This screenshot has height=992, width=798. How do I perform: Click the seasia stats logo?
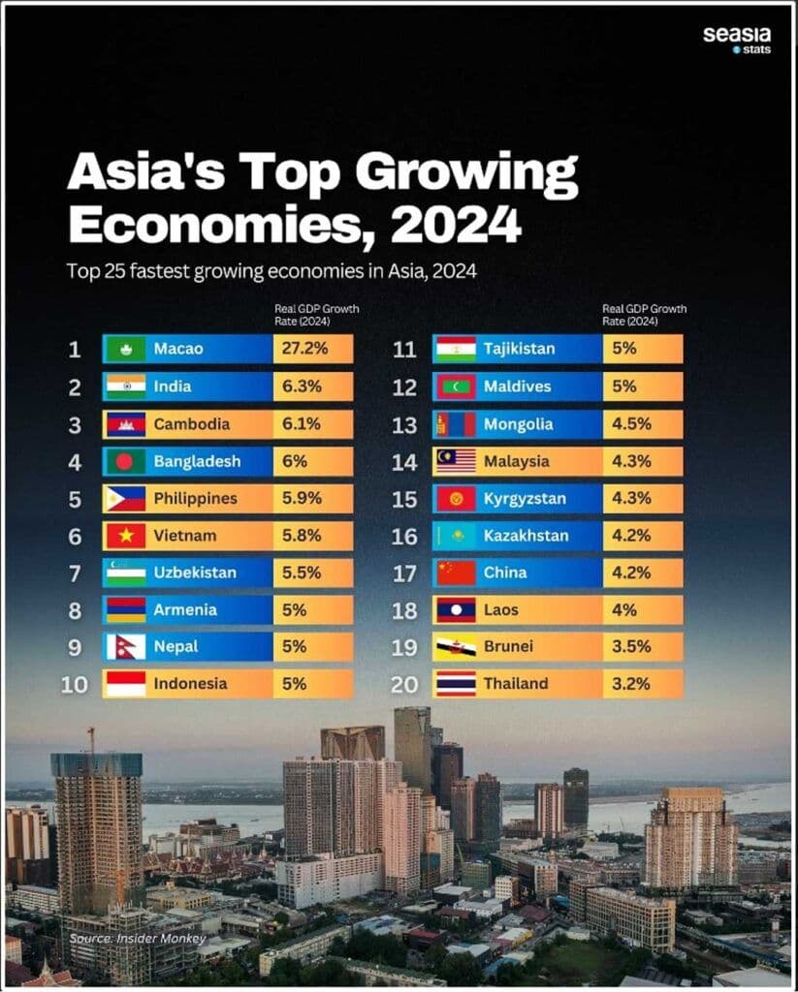[736, 39]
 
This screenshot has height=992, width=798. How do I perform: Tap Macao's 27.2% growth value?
[304, 349]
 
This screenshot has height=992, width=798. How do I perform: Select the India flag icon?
[125, 387]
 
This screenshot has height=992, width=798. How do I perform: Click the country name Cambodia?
[191, 423]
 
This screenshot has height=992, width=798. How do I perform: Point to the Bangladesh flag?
[125, 461]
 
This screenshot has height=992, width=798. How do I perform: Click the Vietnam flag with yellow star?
[125, 535]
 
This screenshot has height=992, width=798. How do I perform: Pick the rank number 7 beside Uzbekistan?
[75, 573]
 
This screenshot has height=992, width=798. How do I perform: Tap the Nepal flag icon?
[125, 646]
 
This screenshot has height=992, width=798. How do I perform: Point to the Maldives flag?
[456, 387]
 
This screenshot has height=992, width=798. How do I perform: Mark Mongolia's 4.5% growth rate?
[631, 423]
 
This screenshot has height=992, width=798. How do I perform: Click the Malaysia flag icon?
[456, 461]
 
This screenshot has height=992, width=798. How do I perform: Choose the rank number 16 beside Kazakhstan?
[404, 535]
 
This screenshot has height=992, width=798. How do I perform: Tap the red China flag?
[456, 573]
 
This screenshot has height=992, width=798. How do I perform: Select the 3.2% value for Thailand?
[631, 683]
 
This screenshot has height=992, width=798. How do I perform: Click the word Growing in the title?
[466, 174]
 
